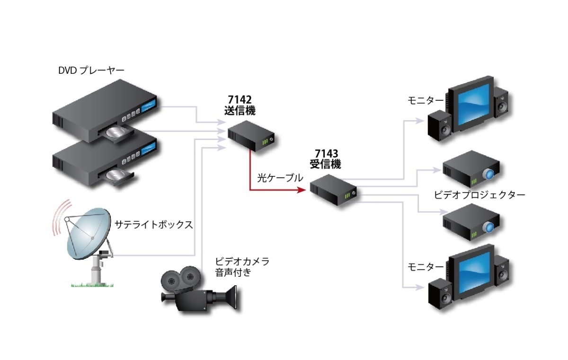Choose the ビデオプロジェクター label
(x=479, y=195)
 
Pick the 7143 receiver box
(x=333, y=189)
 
